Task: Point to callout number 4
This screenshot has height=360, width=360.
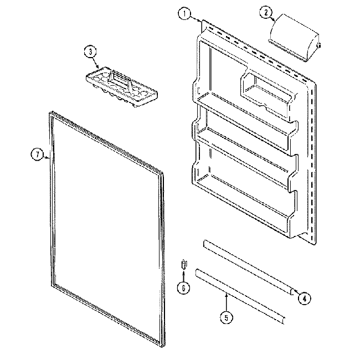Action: (303, 298)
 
